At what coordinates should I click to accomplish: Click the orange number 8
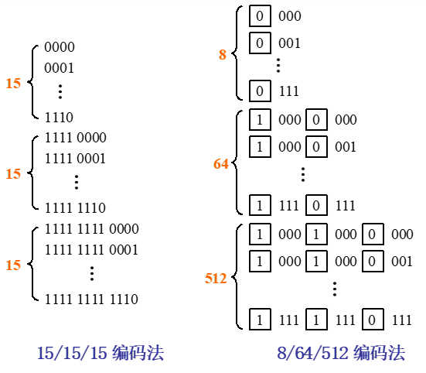223,54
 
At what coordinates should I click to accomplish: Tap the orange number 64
221,164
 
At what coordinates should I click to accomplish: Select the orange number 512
216,279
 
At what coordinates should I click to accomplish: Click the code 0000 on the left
60,47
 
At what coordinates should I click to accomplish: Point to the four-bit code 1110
59,118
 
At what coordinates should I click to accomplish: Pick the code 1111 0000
75,138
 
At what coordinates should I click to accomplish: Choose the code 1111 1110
75,208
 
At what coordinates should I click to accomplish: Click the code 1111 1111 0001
91,250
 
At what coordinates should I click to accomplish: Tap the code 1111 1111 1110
91,299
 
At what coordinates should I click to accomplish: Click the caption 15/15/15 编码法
101,353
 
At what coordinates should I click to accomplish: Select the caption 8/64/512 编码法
341,353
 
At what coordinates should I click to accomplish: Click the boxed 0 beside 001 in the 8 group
260,43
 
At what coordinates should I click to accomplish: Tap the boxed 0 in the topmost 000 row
260,15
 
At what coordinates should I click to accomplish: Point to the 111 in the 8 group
289,91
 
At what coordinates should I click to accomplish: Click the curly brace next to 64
235,163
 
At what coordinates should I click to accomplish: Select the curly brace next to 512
235,277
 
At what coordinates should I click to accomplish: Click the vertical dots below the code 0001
60,91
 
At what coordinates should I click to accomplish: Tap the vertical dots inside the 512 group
335,289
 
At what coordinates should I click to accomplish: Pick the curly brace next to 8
235,53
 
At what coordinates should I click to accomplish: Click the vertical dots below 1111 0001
77,182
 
